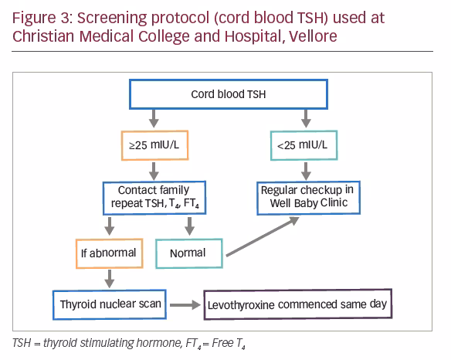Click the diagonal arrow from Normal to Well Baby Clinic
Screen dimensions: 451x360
[263, 236]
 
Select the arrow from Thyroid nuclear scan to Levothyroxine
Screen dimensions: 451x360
[185, 304]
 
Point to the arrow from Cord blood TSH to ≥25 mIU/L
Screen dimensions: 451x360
[154, 118]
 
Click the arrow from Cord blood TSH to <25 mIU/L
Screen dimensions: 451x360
[306, 118]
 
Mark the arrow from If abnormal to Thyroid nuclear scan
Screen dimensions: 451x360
[110, 279]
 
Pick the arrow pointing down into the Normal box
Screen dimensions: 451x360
[189, 226]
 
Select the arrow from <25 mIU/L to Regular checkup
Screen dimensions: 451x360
[306, 172]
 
